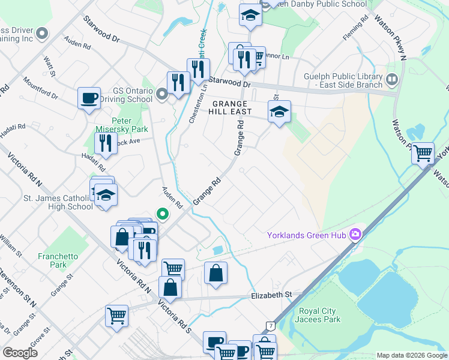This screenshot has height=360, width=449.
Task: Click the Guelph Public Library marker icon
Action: pyautogui.click(x=392, y=79)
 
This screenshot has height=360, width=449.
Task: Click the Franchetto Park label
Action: pyautogui.click(x=58, y=260)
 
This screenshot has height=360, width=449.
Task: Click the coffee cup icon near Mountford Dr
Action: pyautogui.click(x=89, y=98)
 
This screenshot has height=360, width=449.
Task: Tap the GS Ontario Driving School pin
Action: pyautogui.click(x=161, y=94)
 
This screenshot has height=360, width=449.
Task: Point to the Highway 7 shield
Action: pyautogui.click(x=271, y=326)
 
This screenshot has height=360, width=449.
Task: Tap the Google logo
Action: pyautogui.click(x=20, y=352)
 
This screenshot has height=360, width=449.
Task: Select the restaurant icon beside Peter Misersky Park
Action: pyautogui.click(x=106, y=142)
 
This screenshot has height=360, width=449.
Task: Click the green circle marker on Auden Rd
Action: pyautogui.click(x=161, y=213)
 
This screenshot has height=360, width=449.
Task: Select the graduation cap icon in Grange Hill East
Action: pyautogui.click(x=279, y=112)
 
